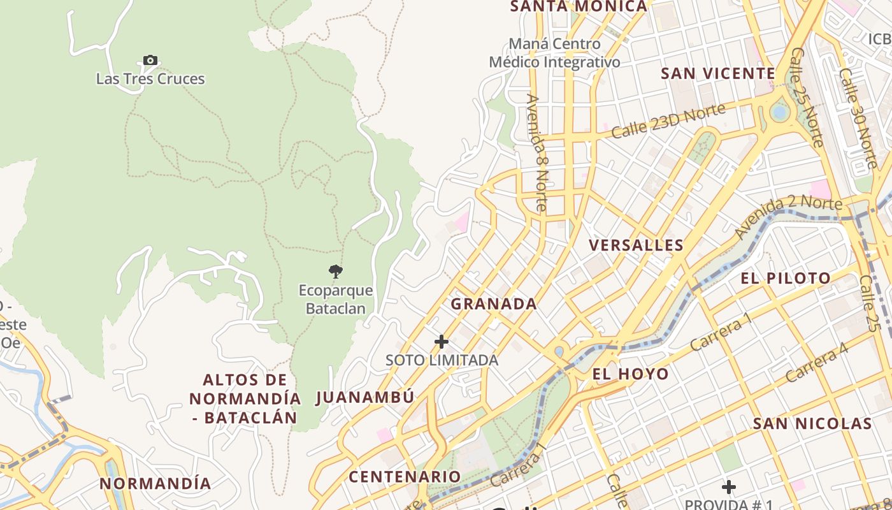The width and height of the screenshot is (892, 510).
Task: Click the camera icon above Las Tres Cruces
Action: coord(150,61)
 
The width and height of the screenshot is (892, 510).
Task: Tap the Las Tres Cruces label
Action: coord(150,79)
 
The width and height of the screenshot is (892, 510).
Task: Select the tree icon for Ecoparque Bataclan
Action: coord(336,272)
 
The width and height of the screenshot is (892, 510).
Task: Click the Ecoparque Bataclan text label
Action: coord(336,300)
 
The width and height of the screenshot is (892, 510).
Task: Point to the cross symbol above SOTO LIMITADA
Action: coord(441,342)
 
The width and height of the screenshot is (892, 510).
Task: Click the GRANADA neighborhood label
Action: coord(494,304)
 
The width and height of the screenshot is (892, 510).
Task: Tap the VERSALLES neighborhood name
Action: coord(636,245)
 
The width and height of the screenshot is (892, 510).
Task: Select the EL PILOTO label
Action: coord(786,278)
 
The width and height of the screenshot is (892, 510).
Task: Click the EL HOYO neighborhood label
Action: coord(630,374)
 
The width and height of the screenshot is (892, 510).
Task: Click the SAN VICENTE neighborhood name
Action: coord(717,73)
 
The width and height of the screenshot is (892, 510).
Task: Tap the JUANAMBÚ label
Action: coord(365,397)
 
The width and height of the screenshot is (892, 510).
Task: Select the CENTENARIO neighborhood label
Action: coord(405,476)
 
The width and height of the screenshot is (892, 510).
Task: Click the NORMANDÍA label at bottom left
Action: coord(155,483)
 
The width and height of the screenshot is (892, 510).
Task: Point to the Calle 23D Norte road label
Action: coord(668,121)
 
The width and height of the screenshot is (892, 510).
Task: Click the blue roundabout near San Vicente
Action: coord(779,112)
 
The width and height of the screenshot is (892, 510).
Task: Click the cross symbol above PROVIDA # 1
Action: coord(728,488)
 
